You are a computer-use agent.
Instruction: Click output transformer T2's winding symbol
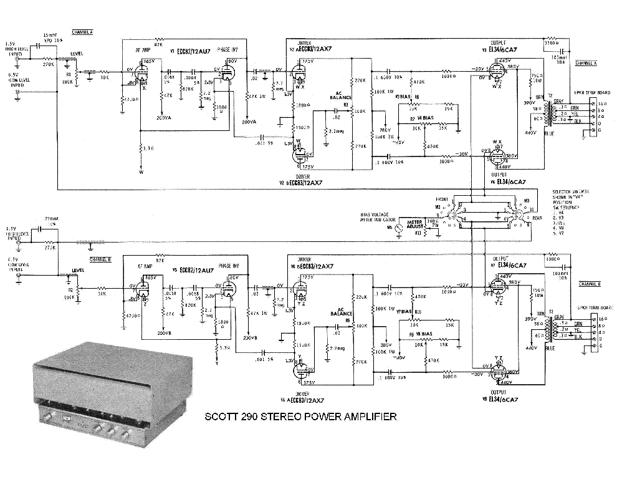[x=548, y=113]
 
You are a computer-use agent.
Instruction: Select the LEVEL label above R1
[x=77, y=54]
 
